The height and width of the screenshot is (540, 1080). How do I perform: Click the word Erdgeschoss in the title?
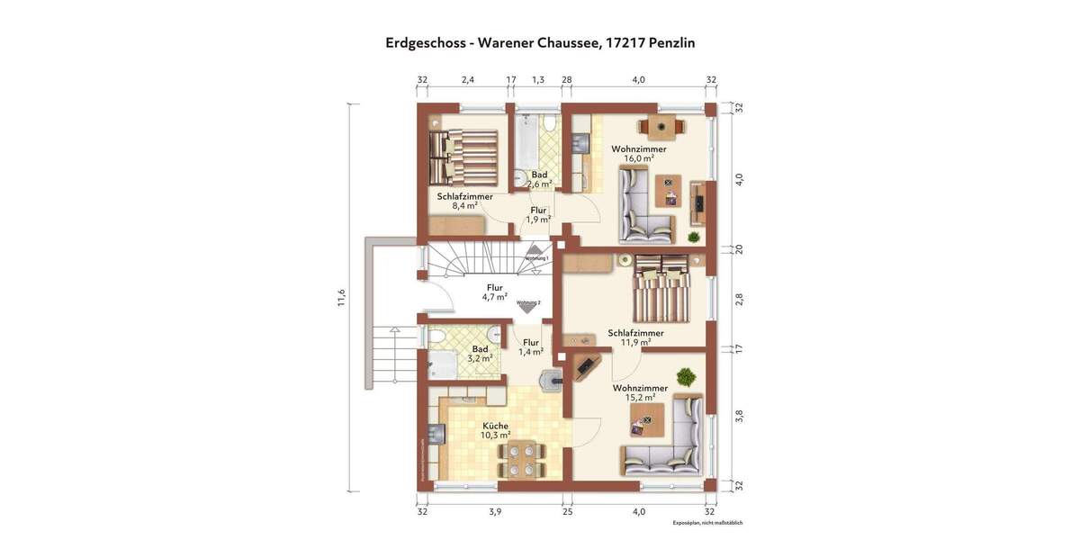coord(426,42)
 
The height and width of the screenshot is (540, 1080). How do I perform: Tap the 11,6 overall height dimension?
coord(341,298)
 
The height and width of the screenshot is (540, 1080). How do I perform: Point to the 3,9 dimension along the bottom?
coord(494,511)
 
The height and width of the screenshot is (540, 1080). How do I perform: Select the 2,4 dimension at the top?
coord(468,80)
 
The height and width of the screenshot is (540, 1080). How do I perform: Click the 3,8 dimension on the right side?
coord(739,415)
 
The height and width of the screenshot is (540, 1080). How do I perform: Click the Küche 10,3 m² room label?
coord(495,430)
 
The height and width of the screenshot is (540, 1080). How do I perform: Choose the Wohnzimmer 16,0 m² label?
coord(638,153)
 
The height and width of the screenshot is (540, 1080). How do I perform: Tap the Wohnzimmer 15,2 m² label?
coord(640,392)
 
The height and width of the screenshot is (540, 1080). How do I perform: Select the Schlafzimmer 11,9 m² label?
coord(635,337)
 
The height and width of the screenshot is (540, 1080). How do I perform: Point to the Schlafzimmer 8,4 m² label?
coord(464,201)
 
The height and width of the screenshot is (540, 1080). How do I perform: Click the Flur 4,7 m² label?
coord(494,292)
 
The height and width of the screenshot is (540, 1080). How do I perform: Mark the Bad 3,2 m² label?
coord(481,353)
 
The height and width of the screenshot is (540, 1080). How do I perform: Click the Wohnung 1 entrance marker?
coord(536,254)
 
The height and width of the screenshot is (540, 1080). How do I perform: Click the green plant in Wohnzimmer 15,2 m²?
coord(688,376)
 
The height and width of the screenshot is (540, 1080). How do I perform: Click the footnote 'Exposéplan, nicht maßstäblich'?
coord(707,523)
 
